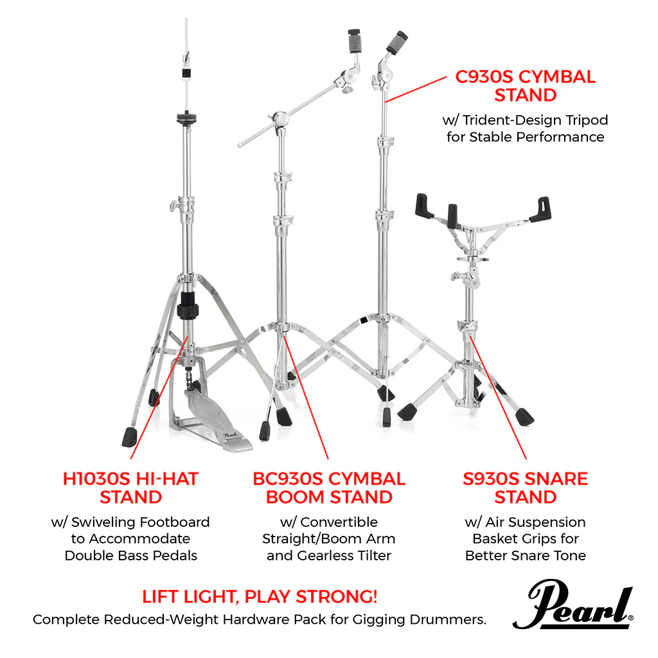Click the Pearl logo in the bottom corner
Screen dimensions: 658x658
pos(573,604)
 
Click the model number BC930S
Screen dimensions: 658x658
pos(288,479)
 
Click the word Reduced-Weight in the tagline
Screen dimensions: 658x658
pos(161,619)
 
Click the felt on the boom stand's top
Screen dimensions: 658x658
pos(355,40)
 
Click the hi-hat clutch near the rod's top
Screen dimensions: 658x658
pos(186,73)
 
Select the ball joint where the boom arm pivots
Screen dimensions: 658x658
pos(280,119)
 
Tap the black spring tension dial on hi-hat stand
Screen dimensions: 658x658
pos(187,305)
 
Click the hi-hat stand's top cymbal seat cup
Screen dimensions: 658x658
pos(187,118)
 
